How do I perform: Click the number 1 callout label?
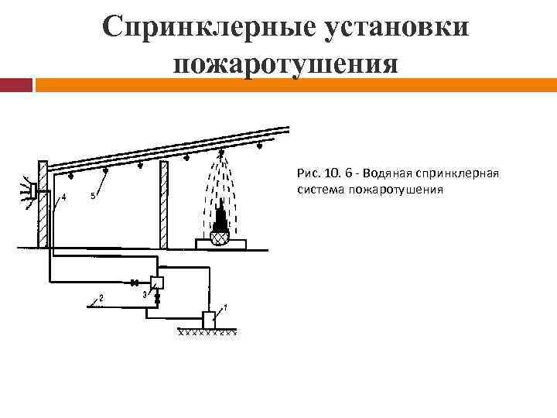point(224,307)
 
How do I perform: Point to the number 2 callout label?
point(101,297)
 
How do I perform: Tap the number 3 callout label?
point(145,294)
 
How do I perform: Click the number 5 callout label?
point(93,197)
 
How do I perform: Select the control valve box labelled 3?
point(157,282)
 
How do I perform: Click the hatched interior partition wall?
point(164,204)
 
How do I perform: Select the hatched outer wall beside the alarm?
point(43,204)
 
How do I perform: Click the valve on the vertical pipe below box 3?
point(157,298)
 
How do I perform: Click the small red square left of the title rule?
point(16,85)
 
